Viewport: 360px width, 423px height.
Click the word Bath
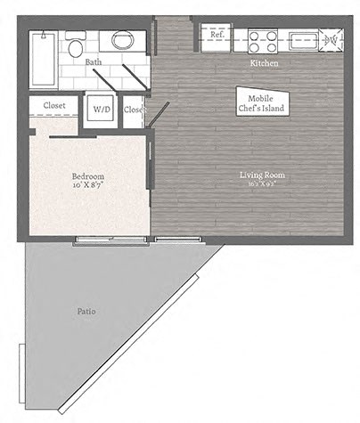[93, 62]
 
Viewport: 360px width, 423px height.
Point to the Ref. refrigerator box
[216, 38]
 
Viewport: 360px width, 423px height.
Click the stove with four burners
[264, 40]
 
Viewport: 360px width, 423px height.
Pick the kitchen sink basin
[300, 40]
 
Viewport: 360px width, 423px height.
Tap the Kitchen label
[265, 64]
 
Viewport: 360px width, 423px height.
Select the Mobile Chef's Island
[260, 102]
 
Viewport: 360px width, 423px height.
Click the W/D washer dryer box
[102, 109]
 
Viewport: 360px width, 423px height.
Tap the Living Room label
[262, 175]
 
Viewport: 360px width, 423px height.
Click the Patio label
[86, 312]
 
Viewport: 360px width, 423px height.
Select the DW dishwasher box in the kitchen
[331, 40]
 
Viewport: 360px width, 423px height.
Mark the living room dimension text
[262, 187]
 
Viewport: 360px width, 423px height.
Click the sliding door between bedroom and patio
[98, 238]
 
